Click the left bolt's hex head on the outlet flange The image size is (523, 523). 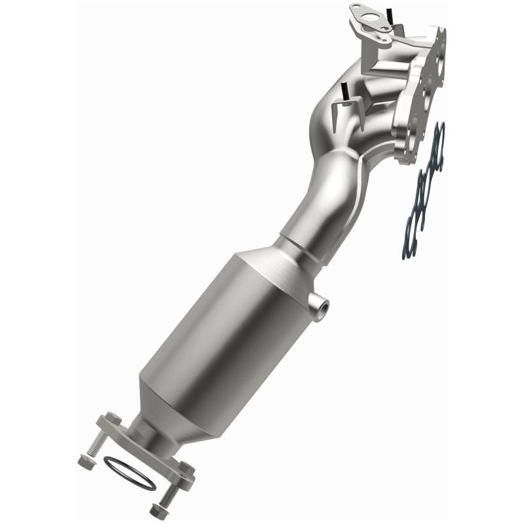(x=113, y=418)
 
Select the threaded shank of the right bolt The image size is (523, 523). (x=171, y=490)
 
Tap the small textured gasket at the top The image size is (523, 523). (x=369, y=20)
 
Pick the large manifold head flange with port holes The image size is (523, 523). (x=425, y=98)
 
